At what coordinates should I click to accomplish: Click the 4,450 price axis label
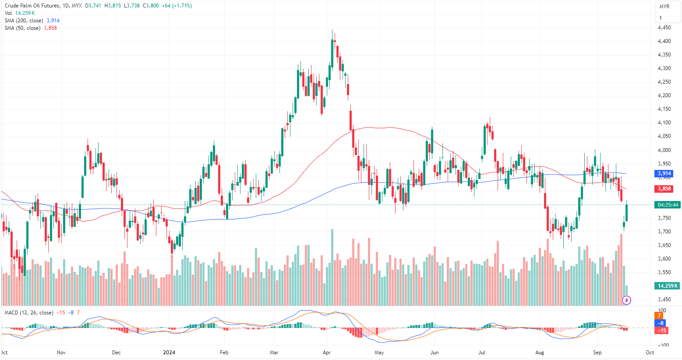coord(664,28)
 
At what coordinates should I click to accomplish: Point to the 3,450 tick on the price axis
coord(664,300)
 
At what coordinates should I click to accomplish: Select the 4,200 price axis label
coord(664,95)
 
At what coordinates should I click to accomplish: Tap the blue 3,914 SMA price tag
coord(664,174)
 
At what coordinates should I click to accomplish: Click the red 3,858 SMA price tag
coord(664,189)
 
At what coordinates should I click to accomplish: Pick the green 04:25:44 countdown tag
coord(668,205)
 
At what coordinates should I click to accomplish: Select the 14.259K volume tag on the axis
coord(667,286)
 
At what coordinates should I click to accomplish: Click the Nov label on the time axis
coord(61,353)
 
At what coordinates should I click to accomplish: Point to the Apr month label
coord(326,353)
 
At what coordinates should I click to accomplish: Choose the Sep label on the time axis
coord(597,353)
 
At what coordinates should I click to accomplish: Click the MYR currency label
coord(664,7)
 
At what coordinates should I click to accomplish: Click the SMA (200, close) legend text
coord(24,21)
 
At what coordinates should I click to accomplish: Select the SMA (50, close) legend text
coord(22,28)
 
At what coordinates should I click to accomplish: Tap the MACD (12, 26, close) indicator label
coord(29,313)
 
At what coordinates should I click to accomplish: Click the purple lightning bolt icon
coord(627,300)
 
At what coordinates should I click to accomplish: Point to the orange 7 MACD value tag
coord(659,316)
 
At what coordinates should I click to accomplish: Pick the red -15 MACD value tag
coord(662,331)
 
